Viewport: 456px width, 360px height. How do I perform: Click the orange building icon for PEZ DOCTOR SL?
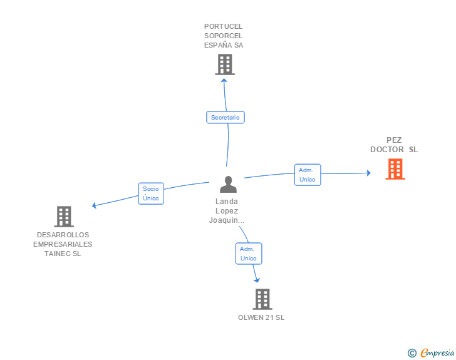click(395, 169)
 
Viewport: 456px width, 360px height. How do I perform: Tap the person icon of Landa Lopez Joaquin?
click(228, 184)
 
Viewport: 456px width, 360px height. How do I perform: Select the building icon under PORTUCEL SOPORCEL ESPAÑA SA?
click(224, 64)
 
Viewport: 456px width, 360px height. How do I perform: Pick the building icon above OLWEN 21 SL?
click(262, 299)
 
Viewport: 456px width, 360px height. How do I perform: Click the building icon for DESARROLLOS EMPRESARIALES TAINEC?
click(64, 217)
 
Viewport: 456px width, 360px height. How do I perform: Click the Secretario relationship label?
click(225, 117)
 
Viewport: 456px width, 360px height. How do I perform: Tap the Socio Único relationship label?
click(151, 193)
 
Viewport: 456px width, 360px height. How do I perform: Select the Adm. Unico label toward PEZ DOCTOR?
click(308, 175)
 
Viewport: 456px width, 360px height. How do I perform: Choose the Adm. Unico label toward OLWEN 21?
click(249, 254)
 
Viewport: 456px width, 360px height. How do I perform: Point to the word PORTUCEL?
click(223, 26)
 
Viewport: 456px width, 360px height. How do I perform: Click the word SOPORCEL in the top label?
click(223, 36)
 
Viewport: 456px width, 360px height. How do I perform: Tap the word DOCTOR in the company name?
click(387, 150)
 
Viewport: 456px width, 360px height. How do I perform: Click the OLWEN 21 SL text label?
click(261, 317)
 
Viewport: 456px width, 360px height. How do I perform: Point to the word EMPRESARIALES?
click(63, 244)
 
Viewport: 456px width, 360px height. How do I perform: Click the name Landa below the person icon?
click(227, 202)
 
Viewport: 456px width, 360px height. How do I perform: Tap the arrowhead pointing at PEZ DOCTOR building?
click(369, 173)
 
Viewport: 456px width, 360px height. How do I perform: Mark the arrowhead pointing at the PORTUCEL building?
click(225, 79)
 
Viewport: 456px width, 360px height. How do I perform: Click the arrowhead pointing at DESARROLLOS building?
click(94, 205)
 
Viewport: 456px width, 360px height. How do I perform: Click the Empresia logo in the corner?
click(436, 352)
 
